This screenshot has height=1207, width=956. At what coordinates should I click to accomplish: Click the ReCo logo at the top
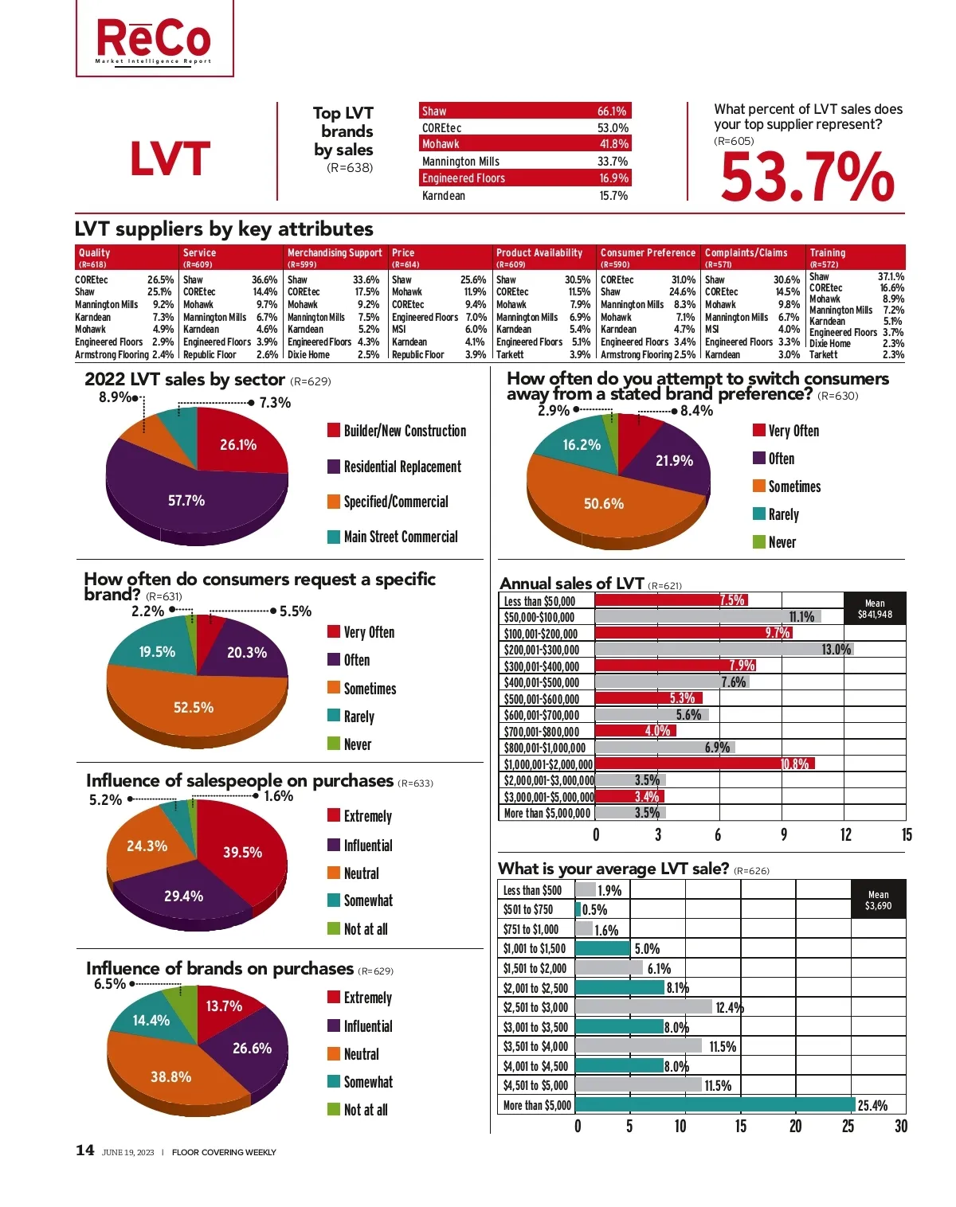(x=155, y=39)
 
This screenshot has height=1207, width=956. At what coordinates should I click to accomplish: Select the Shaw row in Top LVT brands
(x=525, y=111)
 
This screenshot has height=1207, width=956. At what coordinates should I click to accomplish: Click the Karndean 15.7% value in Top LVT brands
(x=613, y=196)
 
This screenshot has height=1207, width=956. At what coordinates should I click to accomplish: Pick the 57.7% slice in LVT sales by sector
(x=186, y=500)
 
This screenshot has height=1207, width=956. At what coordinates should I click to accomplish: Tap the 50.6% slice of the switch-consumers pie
(x=604, y=503)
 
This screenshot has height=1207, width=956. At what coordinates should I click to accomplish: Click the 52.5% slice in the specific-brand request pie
(x=194, y=707)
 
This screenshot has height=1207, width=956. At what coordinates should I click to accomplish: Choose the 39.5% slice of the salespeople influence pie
(x=242, y=852)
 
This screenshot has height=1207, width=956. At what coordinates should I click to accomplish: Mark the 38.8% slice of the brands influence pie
(x=171, y=1076)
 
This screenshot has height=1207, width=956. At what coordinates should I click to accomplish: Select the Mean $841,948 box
(x=874, y=608)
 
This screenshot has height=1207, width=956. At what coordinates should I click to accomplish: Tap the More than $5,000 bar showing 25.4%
(x=715, y=1105)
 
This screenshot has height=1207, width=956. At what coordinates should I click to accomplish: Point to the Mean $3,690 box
(x=878, y=900)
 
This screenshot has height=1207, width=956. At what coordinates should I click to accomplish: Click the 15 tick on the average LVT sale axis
(x=741, y=1126)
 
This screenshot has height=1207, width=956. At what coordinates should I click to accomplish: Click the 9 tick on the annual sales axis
(x=784, y=834)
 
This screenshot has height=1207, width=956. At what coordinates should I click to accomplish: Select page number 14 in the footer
(x=85, y=1150)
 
